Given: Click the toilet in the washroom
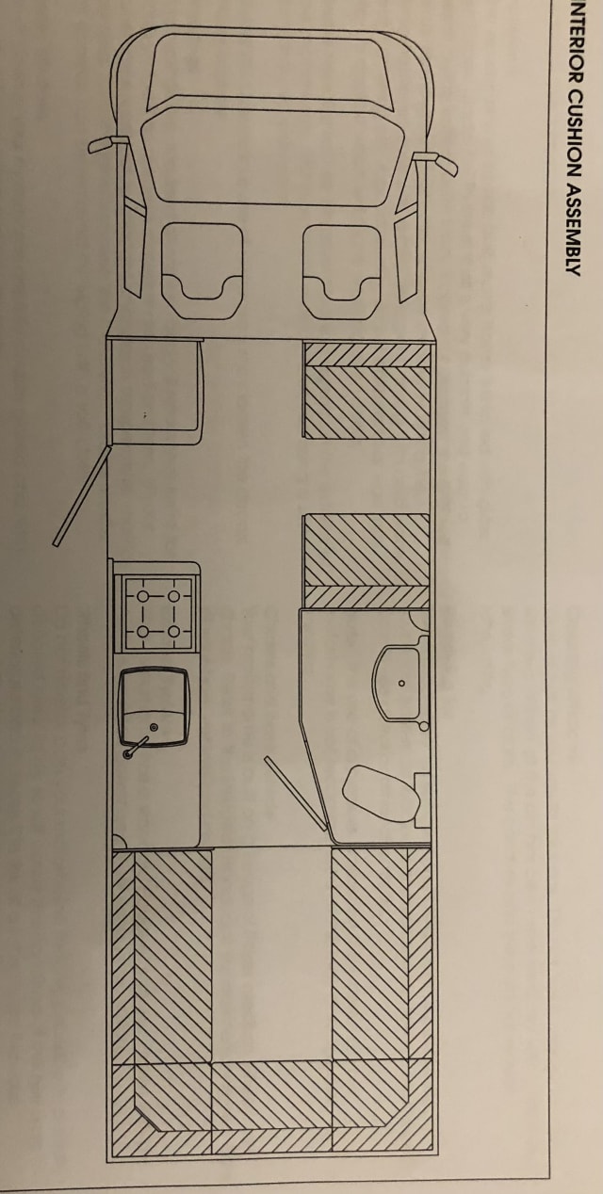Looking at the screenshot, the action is click(x=381, y=793).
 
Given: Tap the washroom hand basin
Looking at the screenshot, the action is click(x=399, y=681).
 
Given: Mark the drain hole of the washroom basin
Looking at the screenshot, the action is click(x=399, y=684).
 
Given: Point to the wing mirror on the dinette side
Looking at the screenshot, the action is click(x=438, y=161).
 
